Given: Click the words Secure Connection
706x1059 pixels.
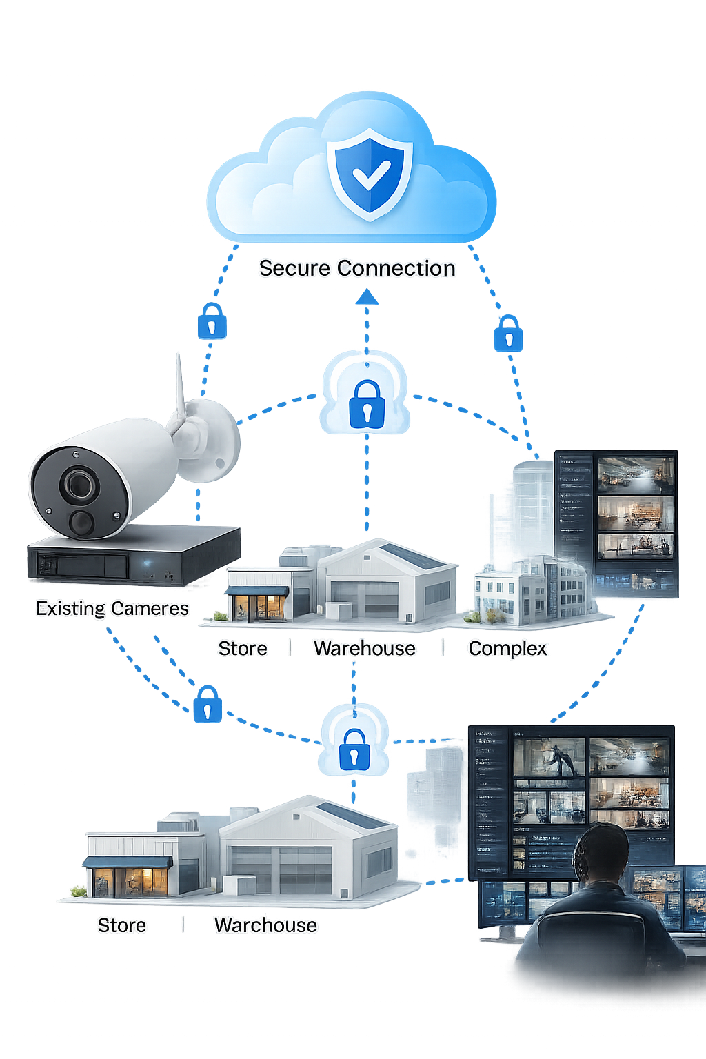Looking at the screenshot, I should [357, 268].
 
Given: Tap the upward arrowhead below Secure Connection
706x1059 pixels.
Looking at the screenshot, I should [367, 297].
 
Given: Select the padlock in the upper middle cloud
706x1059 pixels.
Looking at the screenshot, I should [366, 404].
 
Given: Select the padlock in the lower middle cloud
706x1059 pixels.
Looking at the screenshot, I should [354, 749].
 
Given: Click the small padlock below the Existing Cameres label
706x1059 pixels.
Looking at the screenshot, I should [208, 704].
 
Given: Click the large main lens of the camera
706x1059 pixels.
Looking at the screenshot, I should [78, 484].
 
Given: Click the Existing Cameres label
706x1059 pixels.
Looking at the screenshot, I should [112, 608].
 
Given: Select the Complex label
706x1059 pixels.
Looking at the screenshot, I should [507, 649].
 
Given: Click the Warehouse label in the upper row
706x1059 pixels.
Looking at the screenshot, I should [364, 648].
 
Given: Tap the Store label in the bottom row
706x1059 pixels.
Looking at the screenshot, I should [121, 925].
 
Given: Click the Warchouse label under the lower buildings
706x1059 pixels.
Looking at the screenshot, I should [265, 925].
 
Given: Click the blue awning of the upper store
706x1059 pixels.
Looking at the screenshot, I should [256, 591].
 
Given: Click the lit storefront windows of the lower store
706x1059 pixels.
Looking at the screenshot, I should [131, 882].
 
